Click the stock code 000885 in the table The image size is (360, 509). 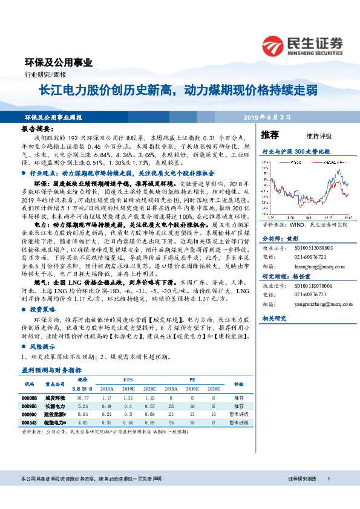pos(30,398)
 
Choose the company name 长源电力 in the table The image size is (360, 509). pos(55,406)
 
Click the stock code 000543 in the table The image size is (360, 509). pos(30,423)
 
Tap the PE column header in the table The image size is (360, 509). pos(192,379)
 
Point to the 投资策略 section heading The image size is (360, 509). pos(42,309)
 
